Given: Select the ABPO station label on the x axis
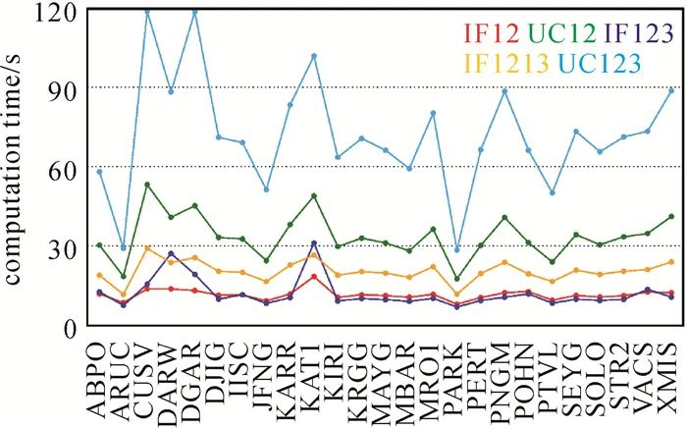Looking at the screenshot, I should [x=99, y=379].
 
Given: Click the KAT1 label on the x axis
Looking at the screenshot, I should [x=314, y=379].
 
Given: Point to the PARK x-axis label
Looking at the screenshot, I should [x=456, y=379].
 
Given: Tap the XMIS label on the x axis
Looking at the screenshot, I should [x=671, y=379].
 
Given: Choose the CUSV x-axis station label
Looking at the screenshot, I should [x=147, y=379].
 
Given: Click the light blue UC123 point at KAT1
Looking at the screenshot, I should [x=314, y=56].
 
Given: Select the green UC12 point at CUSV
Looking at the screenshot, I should [x=147, y=185].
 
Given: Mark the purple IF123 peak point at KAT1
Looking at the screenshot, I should [x=314, y=242].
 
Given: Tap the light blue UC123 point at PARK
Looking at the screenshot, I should [x=456, y=250].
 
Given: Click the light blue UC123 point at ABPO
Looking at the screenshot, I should [x=99, y=172].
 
